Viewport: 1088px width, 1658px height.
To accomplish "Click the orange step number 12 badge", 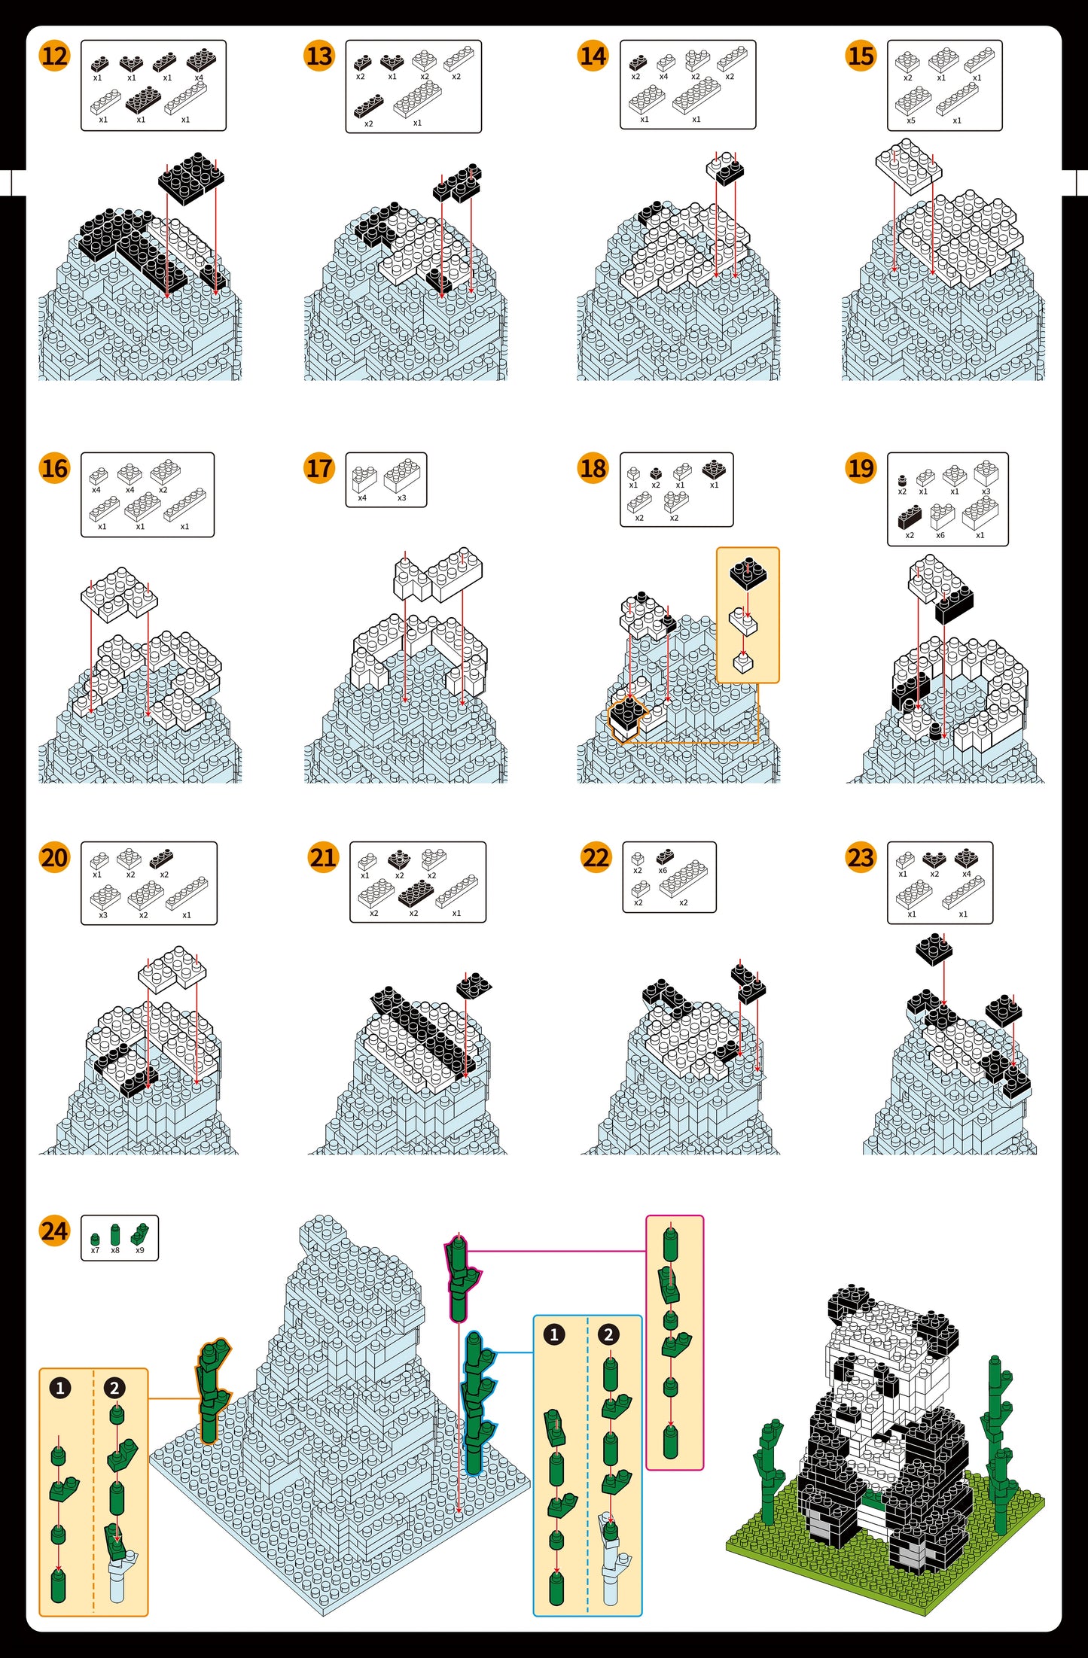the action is tap(54, 56).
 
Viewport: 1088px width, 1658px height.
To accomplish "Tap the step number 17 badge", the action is tap(319, 468).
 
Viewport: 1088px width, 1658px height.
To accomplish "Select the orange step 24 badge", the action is tap(54, 1231).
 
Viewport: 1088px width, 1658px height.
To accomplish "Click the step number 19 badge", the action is tap(861, 468).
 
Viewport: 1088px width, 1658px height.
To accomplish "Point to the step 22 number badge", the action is tap(596, 857).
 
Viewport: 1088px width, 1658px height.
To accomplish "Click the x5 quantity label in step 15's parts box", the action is tap(911, 120).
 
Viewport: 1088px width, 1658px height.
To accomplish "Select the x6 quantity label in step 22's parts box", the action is tap(663, 870).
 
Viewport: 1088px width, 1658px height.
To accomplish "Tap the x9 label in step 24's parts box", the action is tap(139, 1250).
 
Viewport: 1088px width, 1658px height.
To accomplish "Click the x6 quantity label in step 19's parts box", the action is tap(940, 535).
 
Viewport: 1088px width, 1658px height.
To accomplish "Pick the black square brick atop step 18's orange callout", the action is tap(748, 573).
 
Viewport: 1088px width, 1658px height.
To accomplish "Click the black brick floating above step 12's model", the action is tap(191, 178).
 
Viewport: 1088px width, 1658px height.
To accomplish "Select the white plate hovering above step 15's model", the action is tap(909, 166).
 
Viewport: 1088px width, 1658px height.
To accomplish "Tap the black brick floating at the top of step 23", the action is tap(934, 948).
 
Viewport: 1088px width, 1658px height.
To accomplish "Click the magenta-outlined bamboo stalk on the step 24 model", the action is tap(459, 1278).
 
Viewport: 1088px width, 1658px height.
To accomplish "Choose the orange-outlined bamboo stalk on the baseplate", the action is tap(212, 1391).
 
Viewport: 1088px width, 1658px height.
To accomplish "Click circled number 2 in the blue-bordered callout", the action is tap(608, 1335).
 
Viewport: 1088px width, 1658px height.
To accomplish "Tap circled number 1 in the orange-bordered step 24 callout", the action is tap(60, 1388).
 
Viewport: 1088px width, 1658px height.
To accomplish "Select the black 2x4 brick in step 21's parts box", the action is tap(415, 893).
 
